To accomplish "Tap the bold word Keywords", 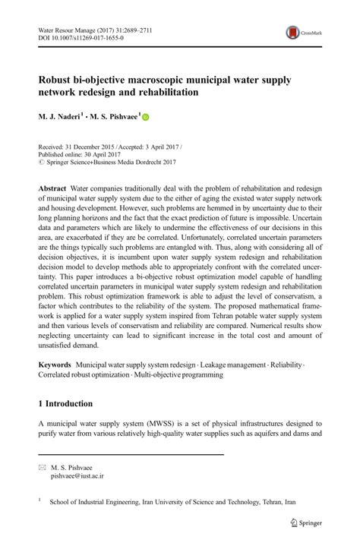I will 58,365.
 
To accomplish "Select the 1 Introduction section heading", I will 65,403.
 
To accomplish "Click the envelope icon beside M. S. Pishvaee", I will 42,468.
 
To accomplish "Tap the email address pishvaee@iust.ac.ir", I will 77,476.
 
